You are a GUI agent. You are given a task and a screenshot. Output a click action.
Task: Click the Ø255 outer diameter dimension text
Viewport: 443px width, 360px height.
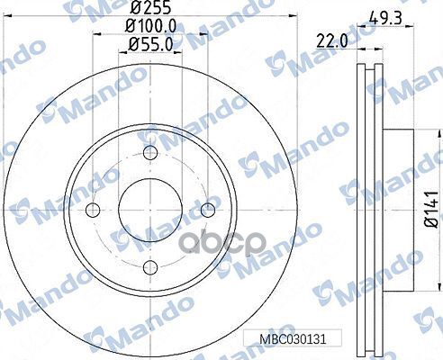click(150, 7)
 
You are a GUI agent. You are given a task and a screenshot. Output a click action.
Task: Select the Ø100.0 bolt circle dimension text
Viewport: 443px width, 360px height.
click(150, 27)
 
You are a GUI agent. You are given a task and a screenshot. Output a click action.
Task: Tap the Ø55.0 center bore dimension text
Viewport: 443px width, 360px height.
click(150, 45)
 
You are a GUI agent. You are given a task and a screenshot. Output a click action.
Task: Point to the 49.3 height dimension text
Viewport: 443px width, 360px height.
click(385, 19)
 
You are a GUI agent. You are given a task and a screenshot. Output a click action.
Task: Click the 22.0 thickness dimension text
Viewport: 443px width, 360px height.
click(332, 40)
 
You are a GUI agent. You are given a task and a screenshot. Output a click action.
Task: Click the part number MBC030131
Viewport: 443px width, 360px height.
click(293, 339)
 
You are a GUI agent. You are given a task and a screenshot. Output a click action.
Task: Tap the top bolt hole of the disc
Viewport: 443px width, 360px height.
click(150, 153)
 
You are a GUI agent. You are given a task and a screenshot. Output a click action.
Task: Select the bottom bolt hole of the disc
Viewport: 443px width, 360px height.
click(150, 267)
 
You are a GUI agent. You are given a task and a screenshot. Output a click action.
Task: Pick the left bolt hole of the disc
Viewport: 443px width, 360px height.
click(93, 210)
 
